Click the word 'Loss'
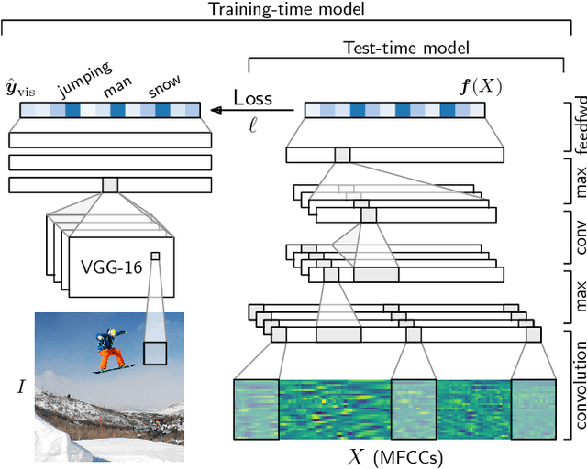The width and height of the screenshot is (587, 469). [x=252, y=98]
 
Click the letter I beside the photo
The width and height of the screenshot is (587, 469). [x=21, y=386]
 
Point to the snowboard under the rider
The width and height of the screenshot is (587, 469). [x=114, y=370]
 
